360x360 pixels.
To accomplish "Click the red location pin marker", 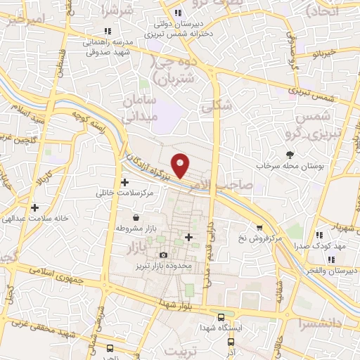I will pyautogui.click(x=181, y=165).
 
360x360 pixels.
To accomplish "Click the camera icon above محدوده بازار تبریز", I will pyautogui.click(x=164, y=255).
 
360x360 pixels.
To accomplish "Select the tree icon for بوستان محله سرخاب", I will pyautogui.click(x=290, y=154).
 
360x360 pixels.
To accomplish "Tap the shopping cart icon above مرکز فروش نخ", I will pyautogui.click(x=260, y=228).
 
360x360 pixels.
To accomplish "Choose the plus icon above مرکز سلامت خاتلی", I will pyautogui.click(x=125, y=182).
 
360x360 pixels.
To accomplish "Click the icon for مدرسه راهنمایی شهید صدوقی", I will pyautogui.click(x=107, y=31).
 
